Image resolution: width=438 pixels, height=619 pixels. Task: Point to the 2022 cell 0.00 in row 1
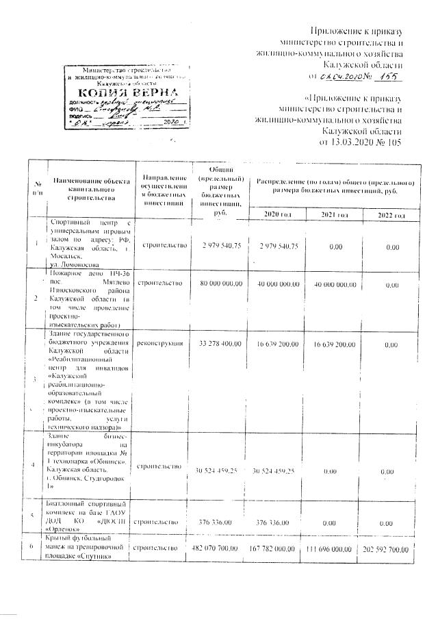coord(392,247)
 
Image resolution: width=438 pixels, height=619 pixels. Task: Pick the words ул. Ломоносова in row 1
coord(75,263)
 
